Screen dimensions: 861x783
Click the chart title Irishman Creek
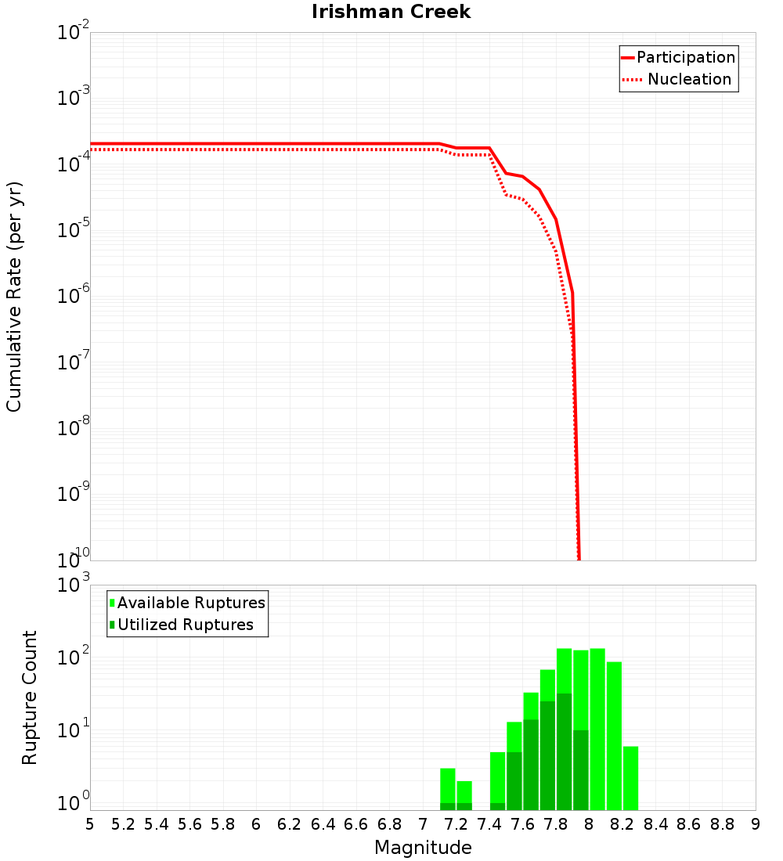391,12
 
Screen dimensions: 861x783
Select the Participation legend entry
686,57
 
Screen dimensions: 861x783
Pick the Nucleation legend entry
689,79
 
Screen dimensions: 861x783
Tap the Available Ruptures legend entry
191,603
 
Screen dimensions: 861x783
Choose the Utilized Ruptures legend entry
185,625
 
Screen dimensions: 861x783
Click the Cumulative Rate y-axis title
14,297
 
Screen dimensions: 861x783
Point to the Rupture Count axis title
30,697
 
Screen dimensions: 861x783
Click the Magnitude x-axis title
423,848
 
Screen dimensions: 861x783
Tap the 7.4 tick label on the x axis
489,824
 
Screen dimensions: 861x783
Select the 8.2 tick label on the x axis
622,824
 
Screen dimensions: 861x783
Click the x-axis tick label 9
756,824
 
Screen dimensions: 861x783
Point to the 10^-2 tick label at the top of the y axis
74,34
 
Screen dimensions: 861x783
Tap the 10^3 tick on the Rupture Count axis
74,585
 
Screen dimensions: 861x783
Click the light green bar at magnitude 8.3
630,778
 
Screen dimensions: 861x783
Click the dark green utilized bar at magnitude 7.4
497,806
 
